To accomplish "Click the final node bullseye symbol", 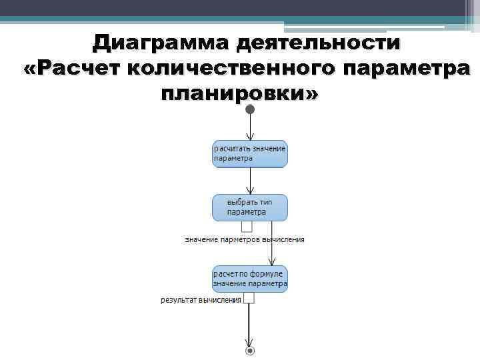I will click(250, 350).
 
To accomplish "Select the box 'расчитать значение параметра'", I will click(250, 153).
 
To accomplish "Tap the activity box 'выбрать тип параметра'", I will click(250, 207).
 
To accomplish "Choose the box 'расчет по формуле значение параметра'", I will click(250, 279).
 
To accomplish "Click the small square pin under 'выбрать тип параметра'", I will click(247, 226).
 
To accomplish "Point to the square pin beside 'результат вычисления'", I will click(249, 299).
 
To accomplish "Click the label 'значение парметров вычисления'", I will click(245, 239).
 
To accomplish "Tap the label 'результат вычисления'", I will click(201, 300).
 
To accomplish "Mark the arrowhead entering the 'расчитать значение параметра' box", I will click(250, 137).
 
